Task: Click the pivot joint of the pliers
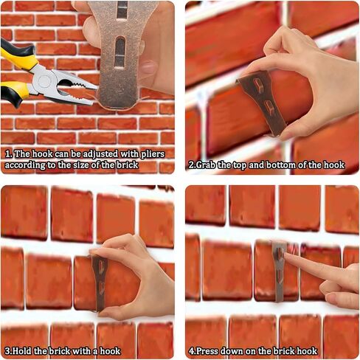[x=45, y=81]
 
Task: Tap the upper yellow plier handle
[x=18, y=55]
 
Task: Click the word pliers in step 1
[x=153, y=154]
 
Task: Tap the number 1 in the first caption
[x=8, y=154]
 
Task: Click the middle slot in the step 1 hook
[x=120, y=52]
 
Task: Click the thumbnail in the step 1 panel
[x=148, y=67]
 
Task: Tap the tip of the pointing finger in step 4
[x=285, y=255]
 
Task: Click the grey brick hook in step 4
[x=280, y=271]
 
